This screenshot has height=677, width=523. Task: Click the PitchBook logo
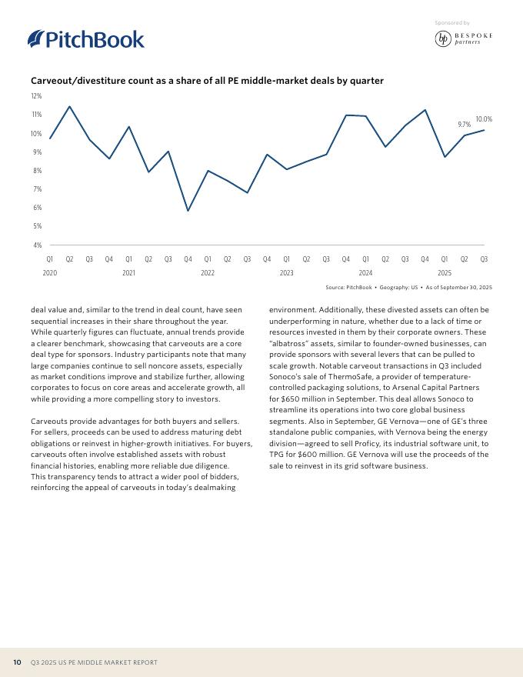tap(85, 39)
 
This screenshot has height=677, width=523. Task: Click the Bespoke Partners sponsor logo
tap(463, 38)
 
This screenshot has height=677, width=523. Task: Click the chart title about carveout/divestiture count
tap(207, 81)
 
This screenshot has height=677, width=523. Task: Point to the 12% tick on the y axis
tap(36, 96)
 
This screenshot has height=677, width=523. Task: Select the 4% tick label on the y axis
tap(36, 245)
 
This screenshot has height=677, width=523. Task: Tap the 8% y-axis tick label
tap(36, 171)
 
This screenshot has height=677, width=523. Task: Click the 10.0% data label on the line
tap(484, 119)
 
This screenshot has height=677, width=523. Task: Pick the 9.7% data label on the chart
tap(464, 124)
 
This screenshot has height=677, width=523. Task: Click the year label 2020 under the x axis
tap(50, 273)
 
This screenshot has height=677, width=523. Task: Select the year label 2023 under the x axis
tap(286, 273)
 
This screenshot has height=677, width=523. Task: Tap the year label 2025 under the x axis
tap(445, 273)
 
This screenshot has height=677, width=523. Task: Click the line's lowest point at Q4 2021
tap(188, 211)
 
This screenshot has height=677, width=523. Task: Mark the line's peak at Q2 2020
tap(70, 106)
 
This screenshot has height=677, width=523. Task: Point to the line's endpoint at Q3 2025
tap(484, 130)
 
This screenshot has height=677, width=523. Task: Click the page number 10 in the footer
tap(16, 662)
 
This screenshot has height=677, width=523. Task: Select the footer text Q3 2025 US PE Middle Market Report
tap(94, 662)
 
